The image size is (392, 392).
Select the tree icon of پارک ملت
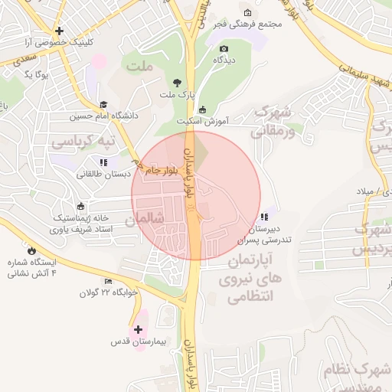(178, 83)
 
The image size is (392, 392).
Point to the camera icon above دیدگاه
(224, 48)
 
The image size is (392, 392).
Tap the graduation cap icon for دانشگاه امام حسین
(103, 105)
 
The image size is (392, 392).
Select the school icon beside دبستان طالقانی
(103, 162)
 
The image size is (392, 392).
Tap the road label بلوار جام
(163, 171)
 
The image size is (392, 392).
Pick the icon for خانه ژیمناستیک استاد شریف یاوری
(81, 207)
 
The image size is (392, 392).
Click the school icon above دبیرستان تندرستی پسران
(264, 217)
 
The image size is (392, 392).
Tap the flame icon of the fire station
(31, 250)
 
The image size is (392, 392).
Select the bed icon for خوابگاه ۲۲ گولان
(108, 281)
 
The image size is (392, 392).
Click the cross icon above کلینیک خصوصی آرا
(59, 31)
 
